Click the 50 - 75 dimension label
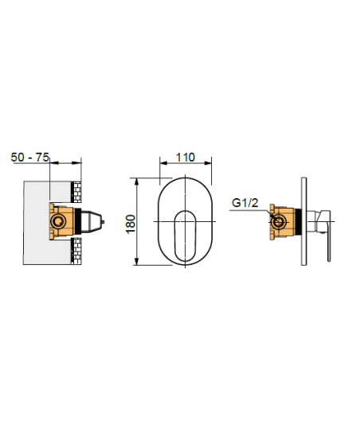(29, 158)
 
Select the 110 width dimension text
(186, 158)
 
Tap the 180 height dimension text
(131, 224)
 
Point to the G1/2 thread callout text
(245, 202)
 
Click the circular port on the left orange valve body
(58, 221)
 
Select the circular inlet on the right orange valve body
(278, 222)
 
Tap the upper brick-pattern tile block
(76, 192)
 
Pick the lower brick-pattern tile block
(76, 251)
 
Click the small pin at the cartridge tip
(103, 222)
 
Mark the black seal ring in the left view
(78, 221)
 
